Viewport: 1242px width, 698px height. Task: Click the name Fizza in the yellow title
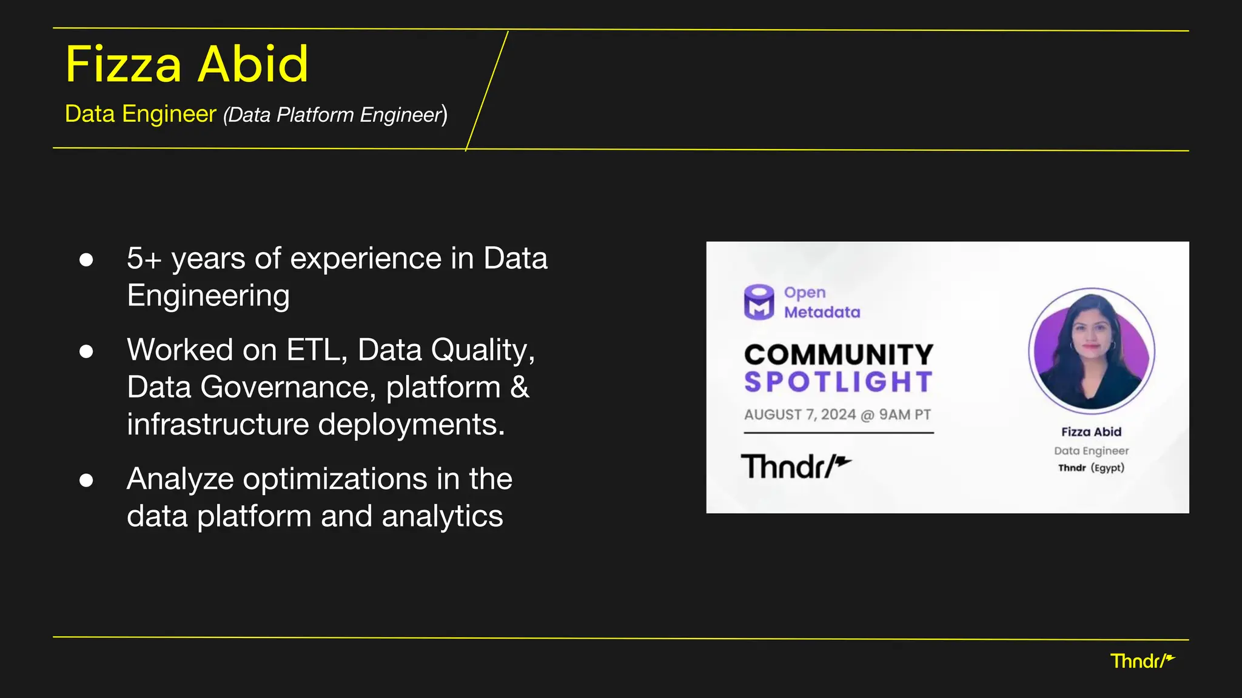coord(123,64)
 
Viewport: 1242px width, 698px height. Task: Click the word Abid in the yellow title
coord(253,64)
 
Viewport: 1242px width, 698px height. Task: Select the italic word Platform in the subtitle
coord(315,115)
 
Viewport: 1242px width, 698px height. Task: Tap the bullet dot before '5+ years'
coord(86,260)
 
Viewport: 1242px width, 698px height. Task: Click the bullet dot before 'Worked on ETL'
coord(86,351)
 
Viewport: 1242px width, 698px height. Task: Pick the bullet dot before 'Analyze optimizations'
coord(86,480)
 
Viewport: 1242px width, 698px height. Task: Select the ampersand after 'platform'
coord(520,387)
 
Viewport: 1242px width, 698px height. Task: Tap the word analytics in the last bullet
coord(442,516)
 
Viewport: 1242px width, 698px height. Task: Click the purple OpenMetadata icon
coord(759,302)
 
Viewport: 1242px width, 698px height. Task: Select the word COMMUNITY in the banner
coord(839,354)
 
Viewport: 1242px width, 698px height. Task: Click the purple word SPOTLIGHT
coord(839,382)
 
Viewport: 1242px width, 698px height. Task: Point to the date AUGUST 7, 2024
coord(800,415)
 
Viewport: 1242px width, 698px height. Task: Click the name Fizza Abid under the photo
coord(1091,432)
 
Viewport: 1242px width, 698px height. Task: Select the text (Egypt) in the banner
coord(1107,468)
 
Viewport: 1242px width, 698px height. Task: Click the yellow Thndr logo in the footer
coord(1142,661)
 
